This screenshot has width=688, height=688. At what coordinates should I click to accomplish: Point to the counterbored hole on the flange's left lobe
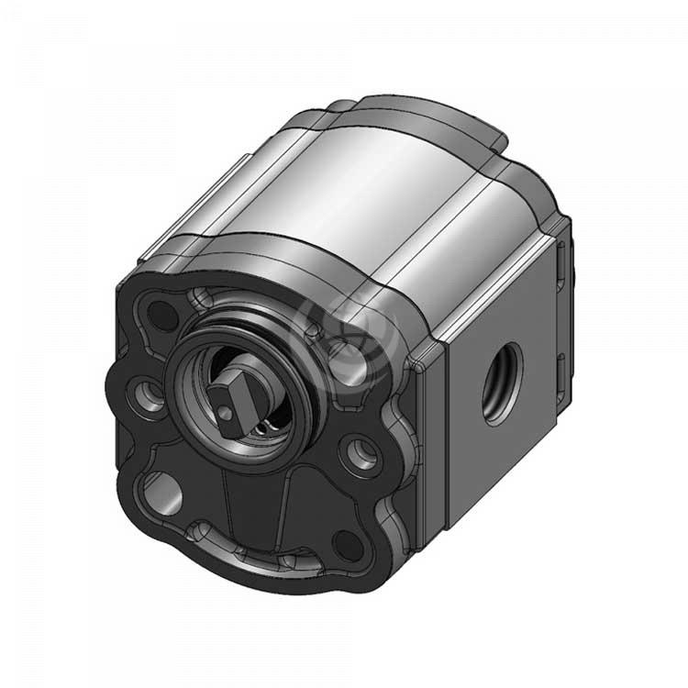pos(145,394)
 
